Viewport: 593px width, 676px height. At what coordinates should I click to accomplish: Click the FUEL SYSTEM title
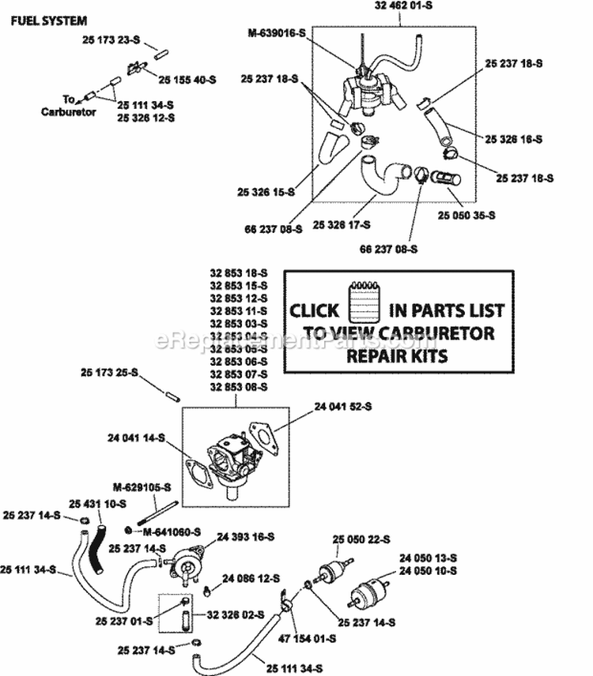49,21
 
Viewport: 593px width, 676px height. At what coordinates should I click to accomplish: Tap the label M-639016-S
276,32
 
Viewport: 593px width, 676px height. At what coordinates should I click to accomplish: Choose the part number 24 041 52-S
342,406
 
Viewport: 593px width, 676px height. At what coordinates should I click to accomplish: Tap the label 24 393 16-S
247,536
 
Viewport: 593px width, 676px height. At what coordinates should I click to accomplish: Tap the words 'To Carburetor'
68,106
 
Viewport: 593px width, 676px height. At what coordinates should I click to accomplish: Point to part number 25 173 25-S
109,371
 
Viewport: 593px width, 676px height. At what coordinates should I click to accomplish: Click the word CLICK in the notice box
315,310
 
